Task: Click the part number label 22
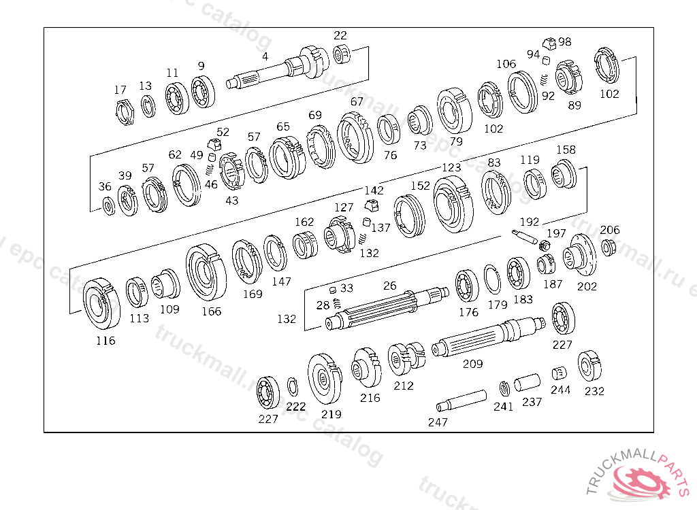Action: (340, 35)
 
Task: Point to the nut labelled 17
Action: (125, 112)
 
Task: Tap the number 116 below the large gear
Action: (106, 340)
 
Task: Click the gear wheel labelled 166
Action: (206, 272)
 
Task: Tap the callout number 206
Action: (609, 230)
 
